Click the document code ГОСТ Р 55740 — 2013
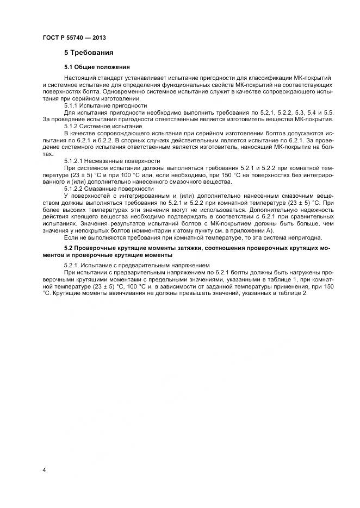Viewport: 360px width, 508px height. tap(74, 37)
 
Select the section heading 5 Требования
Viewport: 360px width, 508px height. tap(89, 53)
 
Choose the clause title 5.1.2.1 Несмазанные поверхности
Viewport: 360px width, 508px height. tap(112, 161)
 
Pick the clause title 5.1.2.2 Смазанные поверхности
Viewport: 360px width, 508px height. tap(109, 189)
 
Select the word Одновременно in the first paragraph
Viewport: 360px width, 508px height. tap(117, 92)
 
